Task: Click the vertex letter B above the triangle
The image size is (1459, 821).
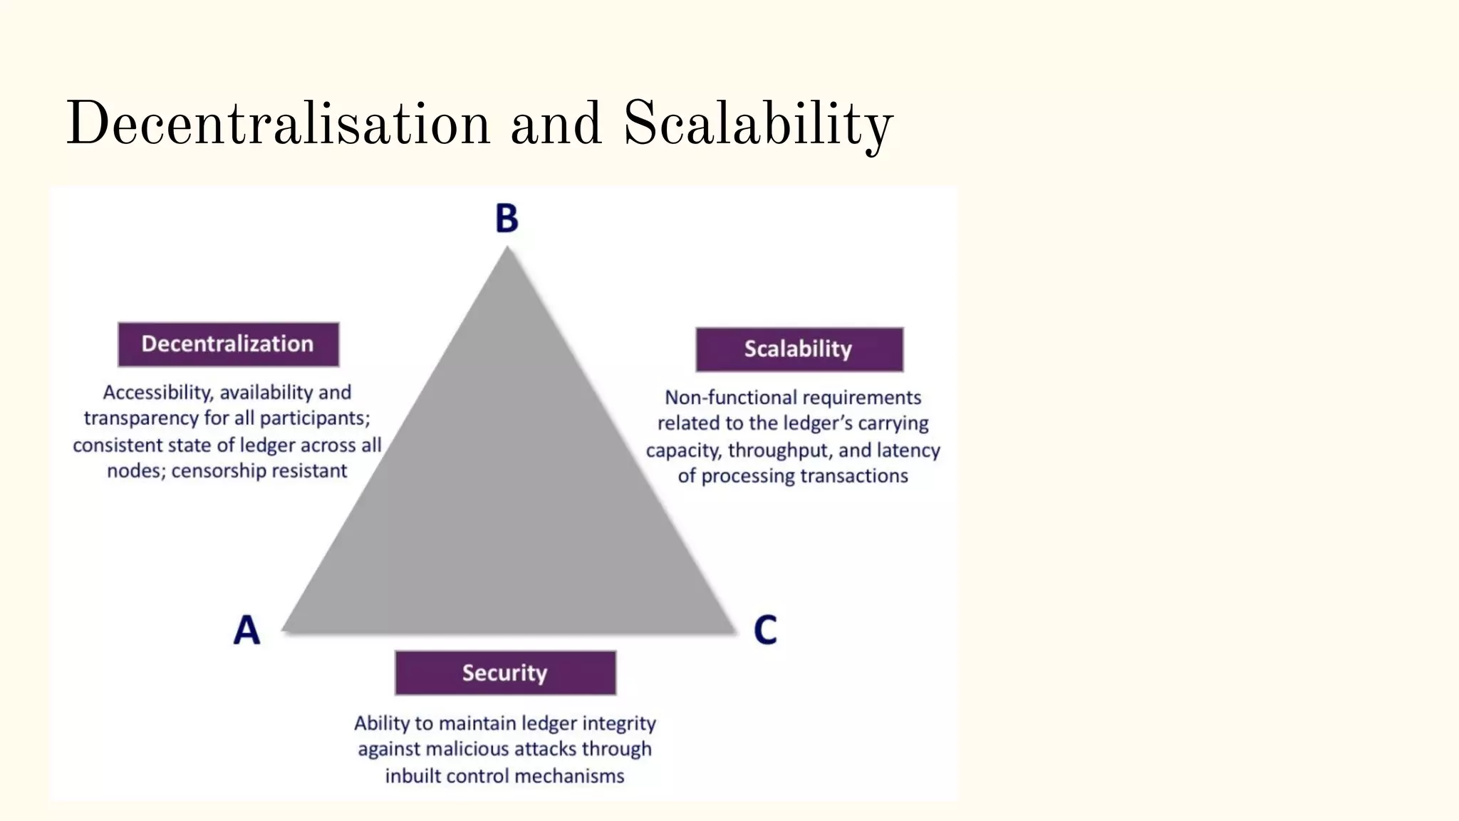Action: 507,219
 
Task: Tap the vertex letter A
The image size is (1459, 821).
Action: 246,630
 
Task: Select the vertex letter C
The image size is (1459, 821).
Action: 765,630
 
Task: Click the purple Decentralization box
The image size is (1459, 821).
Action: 228,344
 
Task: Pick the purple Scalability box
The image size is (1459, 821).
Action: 799,349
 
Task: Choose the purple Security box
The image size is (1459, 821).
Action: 505,673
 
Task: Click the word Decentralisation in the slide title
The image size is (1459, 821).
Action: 278,124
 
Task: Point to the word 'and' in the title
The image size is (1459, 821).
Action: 556,124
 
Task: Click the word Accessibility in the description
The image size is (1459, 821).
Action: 157,393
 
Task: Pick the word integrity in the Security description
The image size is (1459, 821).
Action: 619,723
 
